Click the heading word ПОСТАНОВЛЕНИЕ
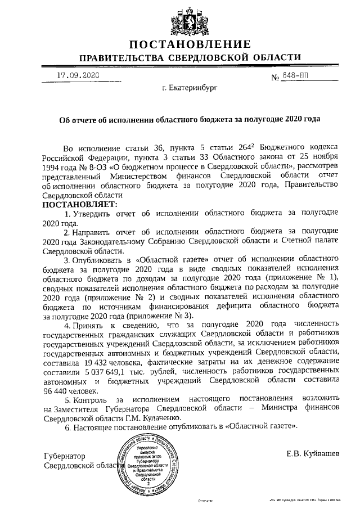(189, 45)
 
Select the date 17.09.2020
(78, 75)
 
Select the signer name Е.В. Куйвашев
(313, 453)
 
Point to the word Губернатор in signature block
(66, 456)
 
